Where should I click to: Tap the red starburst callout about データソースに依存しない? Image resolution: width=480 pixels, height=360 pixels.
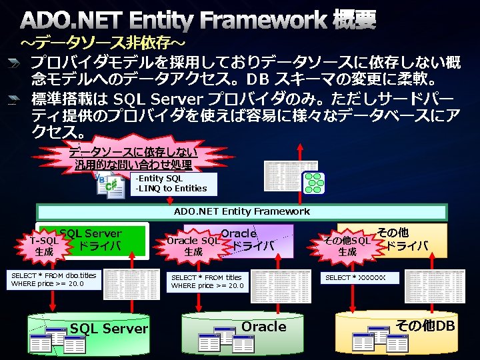pos(133,159)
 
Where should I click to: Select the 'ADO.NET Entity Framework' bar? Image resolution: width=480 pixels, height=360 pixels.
pos(241,211)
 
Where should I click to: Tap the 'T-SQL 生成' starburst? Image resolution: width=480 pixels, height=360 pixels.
pos(45,247)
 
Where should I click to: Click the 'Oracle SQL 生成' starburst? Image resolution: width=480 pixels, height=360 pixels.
pos(193,247)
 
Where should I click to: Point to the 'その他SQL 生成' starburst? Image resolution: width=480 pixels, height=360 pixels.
pos(347,246)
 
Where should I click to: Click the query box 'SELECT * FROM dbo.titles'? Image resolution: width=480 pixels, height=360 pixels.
pos(54,280)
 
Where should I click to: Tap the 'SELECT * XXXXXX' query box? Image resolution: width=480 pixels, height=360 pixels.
pos(361,277)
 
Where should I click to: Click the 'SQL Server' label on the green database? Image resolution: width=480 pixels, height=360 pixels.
pos(109,329)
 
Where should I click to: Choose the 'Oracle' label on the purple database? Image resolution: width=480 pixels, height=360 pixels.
pos(264,327)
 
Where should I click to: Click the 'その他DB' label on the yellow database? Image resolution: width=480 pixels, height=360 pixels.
pos(425,326)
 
